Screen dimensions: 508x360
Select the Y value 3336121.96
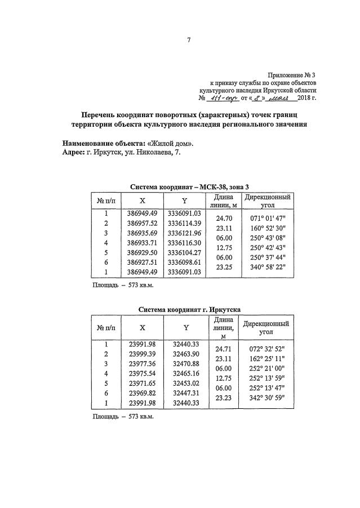[184, 233]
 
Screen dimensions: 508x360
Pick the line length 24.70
[224, 218]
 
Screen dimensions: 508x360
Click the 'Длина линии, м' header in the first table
[224, 201]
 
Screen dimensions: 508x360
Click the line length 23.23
[224, 398]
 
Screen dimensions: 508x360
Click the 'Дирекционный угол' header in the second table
[267, 328]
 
